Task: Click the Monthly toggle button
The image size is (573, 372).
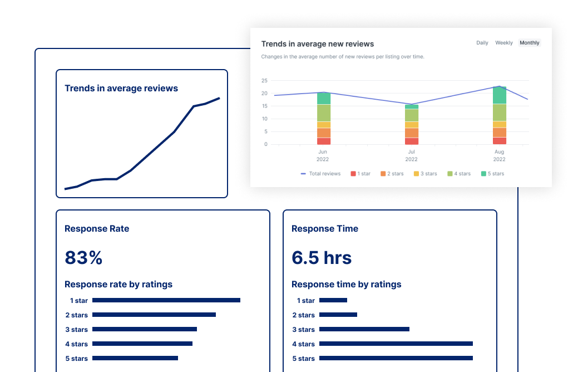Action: [529, 43]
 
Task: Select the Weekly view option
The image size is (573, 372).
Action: [504, 43]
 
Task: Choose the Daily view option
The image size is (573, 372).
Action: [482, 43]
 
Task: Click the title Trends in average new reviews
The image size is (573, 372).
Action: [318, 44]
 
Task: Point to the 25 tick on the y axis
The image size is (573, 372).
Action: [264, 80]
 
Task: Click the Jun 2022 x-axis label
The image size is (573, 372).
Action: [323, 155]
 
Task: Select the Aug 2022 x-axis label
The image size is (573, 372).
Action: [500, 155]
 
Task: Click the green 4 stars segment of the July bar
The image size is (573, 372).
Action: [412, 115]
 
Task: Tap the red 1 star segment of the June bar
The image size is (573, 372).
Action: [324, 141]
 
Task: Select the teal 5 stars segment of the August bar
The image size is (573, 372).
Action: [500, 95]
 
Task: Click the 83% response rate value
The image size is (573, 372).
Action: [83, 258]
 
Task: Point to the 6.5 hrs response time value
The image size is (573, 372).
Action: [322, 258]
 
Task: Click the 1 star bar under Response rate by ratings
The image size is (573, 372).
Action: [166, 300]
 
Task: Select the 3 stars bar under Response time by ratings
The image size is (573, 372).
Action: [364, 329]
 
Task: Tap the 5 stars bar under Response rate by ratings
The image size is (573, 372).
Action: [135, 358]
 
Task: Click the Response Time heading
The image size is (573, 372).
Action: [325, 229]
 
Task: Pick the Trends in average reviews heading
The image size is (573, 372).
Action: [121, 89]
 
